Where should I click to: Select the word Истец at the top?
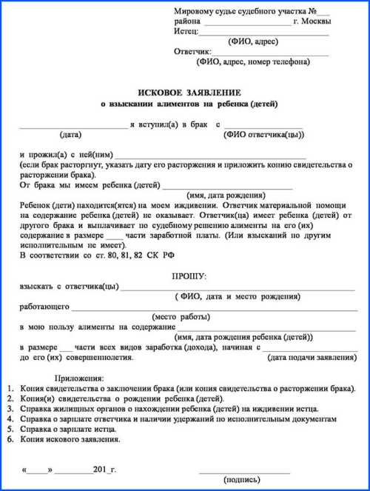(186, 32)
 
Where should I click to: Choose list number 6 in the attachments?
(9, 439)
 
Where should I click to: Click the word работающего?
(45, 305)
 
